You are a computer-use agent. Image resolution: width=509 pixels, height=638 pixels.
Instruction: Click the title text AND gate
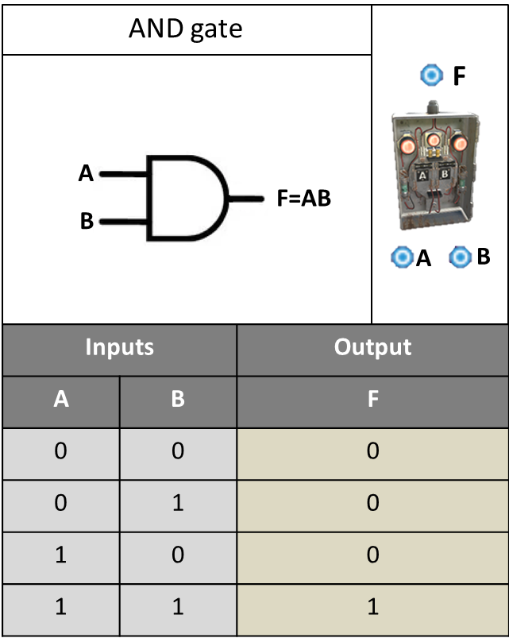[x=185, y=29]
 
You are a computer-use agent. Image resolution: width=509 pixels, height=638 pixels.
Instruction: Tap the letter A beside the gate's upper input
[x=86, y=174]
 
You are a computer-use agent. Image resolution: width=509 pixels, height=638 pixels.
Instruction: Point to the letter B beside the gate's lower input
[x=87, y=222]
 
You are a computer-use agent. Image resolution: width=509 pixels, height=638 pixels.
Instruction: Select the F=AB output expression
[x=303, y=199]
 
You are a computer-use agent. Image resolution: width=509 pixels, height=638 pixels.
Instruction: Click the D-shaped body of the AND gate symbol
[x=148, y=198]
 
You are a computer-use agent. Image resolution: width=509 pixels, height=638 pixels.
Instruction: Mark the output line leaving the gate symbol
[x=246, y=199]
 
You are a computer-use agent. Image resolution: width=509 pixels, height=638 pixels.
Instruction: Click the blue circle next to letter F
[x=432, y=75]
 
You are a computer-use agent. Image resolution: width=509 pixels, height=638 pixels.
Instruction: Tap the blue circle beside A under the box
[x=402, y=257]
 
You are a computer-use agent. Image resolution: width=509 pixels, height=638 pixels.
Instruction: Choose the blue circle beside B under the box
[x=461, y=257]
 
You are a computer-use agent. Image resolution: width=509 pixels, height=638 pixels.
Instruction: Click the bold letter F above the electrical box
[x=459, y=76]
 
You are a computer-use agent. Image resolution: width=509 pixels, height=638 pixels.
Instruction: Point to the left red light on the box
[x=406, y=145]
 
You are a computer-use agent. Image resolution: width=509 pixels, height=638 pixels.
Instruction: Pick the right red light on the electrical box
[x=460, y=144]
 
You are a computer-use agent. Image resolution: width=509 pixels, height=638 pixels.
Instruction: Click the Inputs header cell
[x=120, y=350]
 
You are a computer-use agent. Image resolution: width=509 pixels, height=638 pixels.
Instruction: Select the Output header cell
[x=372, y=350]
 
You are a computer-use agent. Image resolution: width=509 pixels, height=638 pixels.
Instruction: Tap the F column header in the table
[x=372, y=402]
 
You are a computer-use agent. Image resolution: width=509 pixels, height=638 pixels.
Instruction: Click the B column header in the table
[x=178, y=402]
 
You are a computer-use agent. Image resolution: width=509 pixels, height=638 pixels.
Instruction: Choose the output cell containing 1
[x=372, y=609]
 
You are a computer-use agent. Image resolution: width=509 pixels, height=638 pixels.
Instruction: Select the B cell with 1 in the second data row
[x=178, y=506]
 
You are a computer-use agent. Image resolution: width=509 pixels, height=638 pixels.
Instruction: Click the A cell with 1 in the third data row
[x=61, y=558]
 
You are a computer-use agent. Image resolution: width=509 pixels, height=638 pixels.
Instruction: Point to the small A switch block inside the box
[x=422, y=176]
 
